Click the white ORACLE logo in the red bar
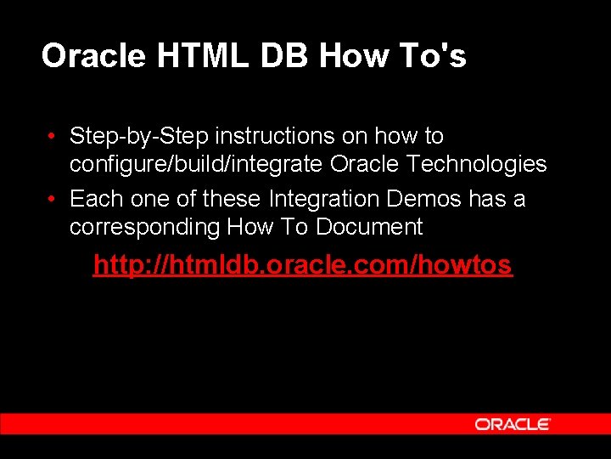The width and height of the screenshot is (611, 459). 513,424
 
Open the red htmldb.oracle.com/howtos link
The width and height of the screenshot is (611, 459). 302,265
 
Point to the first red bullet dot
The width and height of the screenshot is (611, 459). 53,137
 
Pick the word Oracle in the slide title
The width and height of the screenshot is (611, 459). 93,56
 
